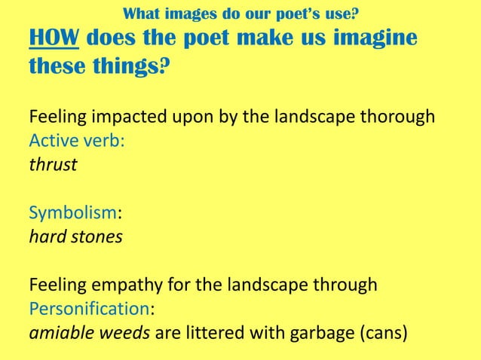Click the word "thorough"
coord(399,118)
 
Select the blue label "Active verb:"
coord(76,141)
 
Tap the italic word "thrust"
coord(53,164)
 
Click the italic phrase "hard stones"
coord(75,237)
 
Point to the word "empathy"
coord(124,286)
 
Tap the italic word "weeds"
coord(124,333)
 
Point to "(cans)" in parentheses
coord(381,333)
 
